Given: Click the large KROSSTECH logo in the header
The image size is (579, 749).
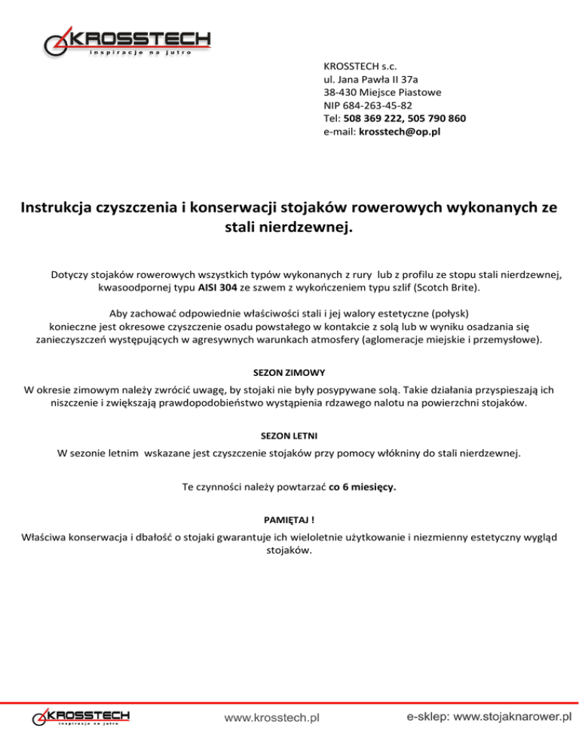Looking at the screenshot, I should point(127,41).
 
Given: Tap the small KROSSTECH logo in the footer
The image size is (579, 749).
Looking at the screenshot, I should point(81,717).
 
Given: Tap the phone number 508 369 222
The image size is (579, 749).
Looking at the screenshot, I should point(372,118).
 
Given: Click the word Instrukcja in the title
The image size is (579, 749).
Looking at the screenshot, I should point(61,206).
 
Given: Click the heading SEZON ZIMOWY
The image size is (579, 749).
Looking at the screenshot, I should point(289,373).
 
